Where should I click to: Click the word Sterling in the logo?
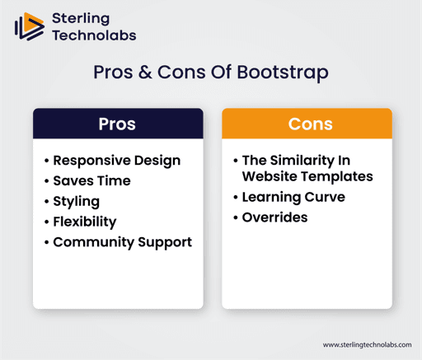[x=81, y=17]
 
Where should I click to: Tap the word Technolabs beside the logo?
[x=94, y=35]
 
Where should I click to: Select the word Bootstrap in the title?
[x=282, y=72]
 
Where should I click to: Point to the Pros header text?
[x=117, y=124]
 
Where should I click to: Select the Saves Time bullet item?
[x=91, y=180]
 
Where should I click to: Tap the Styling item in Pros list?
[x=76, y=201]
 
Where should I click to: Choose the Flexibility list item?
[x=84, y=222]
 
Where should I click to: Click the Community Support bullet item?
[x=122, y=242]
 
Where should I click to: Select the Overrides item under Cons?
[x=274, y=217]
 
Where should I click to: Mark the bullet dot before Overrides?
[x=236, y=217]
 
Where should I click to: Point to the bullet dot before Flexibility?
[x=46, y=222]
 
